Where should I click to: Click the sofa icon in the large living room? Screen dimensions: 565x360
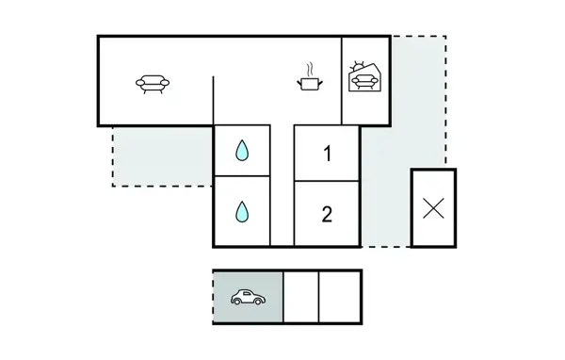coord(152,84)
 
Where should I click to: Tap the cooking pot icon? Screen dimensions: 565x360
coord(308,85)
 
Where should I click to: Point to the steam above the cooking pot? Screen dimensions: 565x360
coord(308,69)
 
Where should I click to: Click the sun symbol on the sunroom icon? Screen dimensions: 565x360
coord(355,65)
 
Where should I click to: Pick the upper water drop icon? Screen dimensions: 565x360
coord(243,151)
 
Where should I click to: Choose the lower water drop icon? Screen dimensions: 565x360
coord(243,211)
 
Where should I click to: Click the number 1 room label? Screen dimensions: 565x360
coord(327,154)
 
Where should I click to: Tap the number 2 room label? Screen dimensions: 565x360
coord(327,214)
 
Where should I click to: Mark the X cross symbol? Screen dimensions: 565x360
coord(433,208)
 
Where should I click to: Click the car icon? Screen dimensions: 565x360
coord(247,298)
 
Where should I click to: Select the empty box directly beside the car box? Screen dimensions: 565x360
coord(300,298)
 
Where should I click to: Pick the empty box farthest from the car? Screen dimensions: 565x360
coord(340,298)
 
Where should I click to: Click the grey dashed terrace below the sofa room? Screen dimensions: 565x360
coord(160,155)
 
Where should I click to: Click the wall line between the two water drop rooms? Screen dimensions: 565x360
coord(243,177)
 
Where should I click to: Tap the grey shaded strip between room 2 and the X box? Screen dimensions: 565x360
coord(386,207)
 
